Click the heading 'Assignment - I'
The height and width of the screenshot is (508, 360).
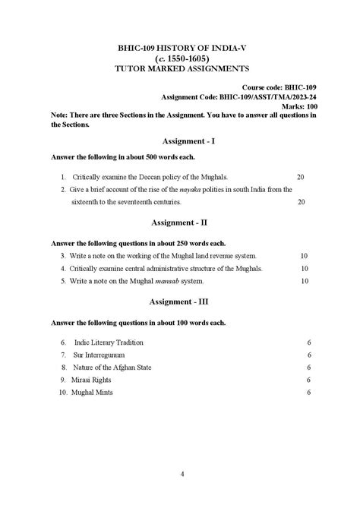179,141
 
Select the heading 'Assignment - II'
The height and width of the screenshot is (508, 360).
179,222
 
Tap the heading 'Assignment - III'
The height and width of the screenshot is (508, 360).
179,301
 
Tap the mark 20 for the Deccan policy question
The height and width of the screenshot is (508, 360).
301,175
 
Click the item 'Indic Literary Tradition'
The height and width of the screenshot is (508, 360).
110,342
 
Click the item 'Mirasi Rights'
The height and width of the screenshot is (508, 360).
93,380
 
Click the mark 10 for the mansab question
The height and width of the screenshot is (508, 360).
305,282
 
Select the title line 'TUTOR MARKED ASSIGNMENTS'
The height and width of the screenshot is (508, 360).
179,68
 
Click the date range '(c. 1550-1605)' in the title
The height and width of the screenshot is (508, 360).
179,58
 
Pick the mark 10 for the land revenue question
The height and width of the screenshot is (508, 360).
305,256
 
